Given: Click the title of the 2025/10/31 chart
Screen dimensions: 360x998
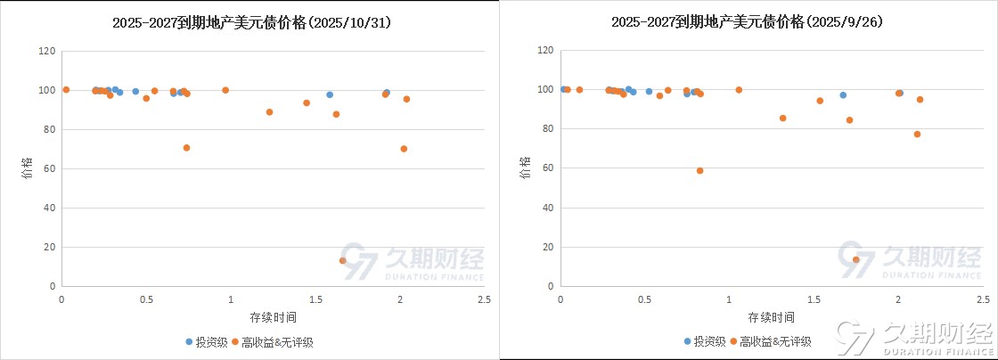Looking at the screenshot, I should (252, 23).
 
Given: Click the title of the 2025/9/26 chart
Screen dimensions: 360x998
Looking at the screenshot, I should (747, 23).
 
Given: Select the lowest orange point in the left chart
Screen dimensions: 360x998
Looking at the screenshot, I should (343, 260).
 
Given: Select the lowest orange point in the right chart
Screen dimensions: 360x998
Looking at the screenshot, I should (856, 259).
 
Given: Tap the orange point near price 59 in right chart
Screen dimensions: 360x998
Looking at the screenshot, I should (700, 170).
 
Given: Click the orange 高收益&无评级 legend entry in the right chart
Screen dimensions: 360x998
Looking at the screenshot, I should (771, 341).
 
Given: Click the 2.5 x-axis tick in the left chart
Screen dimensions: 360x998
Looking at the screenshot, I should (482, 299).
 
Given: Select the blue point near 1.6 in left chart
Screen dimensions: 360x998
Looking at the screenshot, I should (330, 94).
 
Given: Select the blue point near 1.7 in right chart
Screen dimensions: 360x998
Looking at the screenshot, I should (843, 94).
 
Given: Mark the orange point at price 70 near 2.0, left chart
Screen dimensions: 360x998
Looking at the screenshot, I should (404, 149).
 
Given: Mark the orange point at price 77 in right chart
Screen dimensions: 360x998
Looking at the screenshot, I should (917, 135).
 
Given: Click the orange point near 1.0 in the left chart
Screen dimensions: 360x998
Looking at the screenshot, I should (225, 90).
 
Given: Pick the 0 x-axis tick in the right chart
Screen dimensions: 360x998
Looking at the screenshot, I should (560, 299).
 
